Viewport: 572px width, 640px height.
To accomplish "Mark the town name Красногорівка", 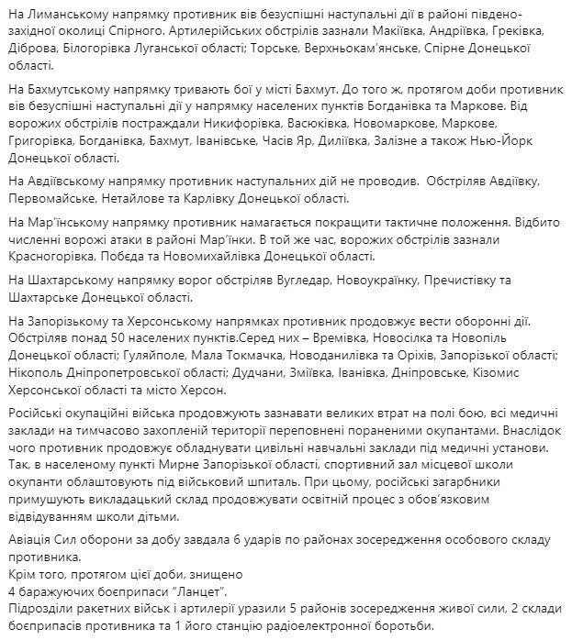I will click(x=50, y=256).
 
